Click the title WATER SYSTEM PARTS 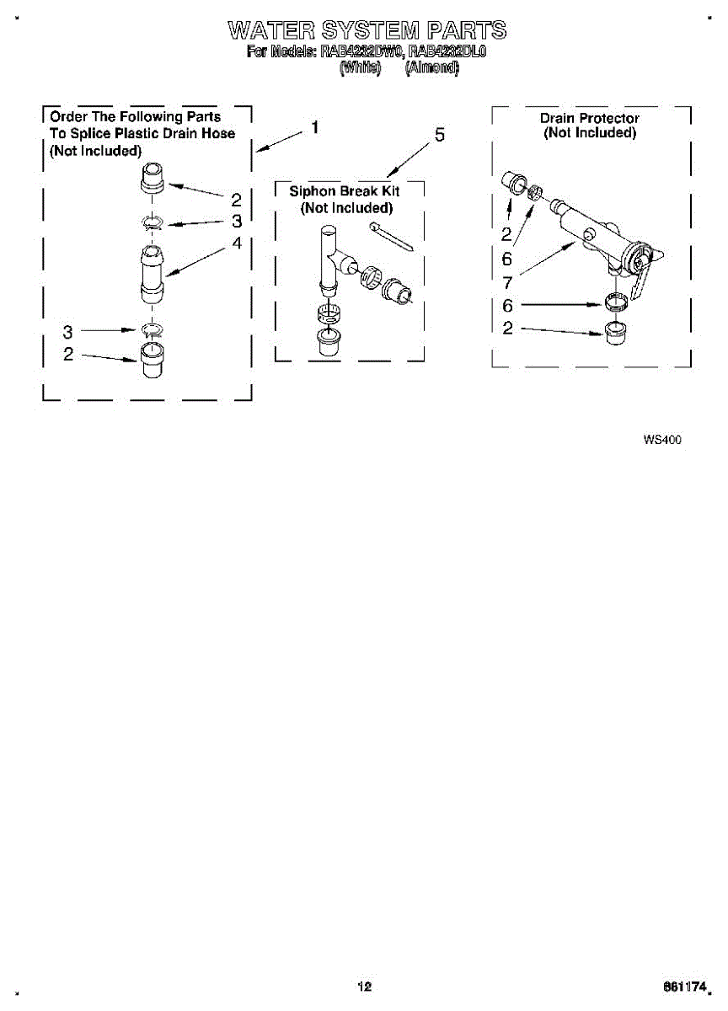click(367, 31)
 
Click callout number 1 click(314, 128)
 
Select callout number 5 click(440, 135)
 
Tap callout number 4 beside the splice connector click(237, 243)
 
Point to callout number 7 click(507, 283)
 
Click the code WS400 click(661, 439)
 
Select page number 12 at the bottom click(364, 987)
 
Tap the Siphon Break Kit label click(345, 191)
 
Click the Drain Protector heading click(589, 118)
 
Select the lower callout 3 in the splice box click(68, 331)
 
